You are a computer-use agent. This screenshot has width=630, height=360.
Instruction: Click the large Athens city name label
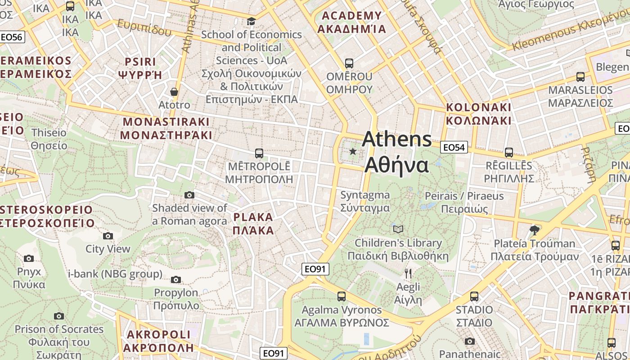pos(397,152)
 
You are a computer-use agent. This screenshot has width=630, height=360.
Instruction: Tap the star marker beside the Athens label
pos(353,152)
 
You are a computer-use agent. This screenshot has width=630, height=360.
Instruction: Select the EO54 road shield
pos(454,147)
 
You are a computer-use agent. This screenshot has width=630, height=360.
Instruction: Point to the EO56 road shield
pos(12,37)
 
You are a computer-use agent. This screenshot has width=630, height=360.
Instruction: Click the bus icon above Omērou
pos(349,63)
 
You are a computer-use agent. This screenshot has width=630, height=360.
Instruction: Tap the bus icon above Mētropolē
pos(259,153)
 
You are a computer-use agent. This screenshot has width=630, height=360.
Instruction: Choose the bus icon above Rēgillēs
pos(509,153)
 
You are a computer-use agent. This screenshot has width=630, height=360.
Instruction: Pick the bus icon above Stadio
pos(474,297)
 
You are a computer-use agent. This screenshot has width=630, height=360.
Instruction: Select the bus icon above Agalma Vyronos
pos(342,297)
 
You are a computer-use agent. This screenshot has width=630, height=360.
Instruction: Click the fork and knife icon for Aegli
pos(408,273)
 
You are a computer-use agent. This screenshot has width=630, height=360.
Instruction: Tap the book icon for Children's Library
pos(398,229)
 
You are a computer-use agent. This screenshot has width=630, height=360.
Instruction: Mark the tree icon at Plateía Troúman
pos(535,230)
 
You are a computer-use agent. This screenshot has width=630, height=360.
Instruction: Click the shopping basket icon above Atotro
pos(174,92)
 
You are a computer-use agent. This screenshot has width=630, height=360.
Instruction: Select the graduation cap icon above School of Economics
pos(251,21)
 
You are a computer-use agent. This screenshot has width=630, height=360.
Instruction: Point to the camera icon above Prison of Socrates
pos(59,316)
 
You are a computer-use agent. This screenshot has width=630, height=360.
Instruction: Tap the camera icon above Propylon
pos(176,279)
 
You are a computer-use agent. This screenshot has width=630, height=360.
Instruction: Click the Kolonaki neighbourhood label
pos(478,114)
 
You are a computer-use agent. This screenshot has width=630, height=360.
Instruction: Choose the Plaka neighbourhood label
pos(253,224)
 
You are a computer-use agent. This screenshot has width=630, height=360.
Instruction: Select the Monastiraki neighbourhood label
pos(166,128)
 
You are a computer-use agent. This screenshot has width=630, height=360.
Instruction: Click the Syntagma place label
pos(365,202)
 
